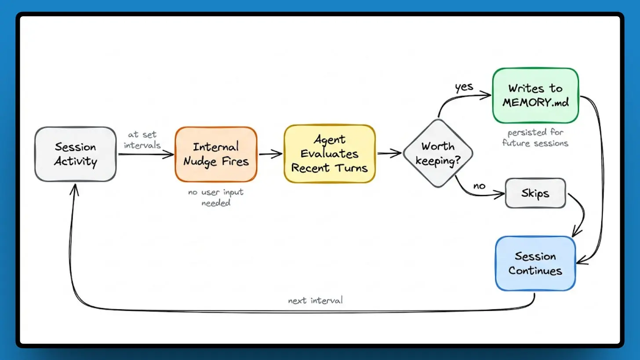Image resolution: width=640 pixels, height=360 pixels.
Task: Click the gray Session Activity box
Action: pos(75,154)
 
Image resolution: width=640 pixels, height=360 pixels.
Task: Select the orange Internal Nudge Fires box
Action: pos(216,154)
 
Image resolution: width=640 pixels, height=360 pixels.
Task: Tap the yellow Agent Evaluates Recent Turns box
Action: pos(329,154)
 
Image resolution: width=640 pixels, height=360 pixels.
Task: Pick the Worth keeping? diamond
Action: pos(438,153)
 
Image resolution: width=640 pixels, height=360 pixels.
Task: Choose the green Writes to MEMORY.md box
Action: pos(535,95)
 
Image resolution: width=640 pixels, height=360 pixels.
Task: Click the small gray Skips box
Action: pos(535,193)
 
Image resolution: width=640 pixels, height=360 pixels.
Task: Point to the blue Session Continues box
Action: pos(535,263)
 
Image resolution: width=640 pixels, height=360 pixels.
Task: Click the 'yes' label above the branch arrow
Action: pos(464,87)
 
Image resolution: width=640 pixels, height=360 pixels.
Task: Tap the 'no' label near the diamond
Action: pos(479,186)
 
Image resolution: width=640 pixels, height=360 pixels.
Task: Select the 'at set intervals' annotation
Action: pos(142,140)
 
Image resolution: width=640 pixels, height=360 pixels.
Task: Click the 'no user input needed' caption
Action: pos(216,197)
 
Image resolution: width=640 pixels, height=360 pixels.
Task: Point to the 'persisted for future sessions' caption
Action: pos(535,138)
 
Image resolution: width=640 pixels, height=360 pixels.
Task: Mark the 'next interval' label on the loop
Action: pos(315,301)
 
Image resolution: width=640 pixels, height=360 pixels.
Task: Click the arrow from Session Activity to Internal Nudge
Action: pos(146,154)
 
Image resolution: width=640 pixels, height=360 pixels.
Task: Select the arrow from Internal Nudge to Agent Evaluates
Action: pos(270,154)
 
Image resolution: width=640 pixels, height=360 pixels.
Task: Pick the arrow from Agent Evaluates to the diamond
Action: pos(389,153)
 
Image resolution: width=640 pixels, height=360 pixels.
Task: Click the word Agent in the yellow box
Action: pos(330,140)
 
